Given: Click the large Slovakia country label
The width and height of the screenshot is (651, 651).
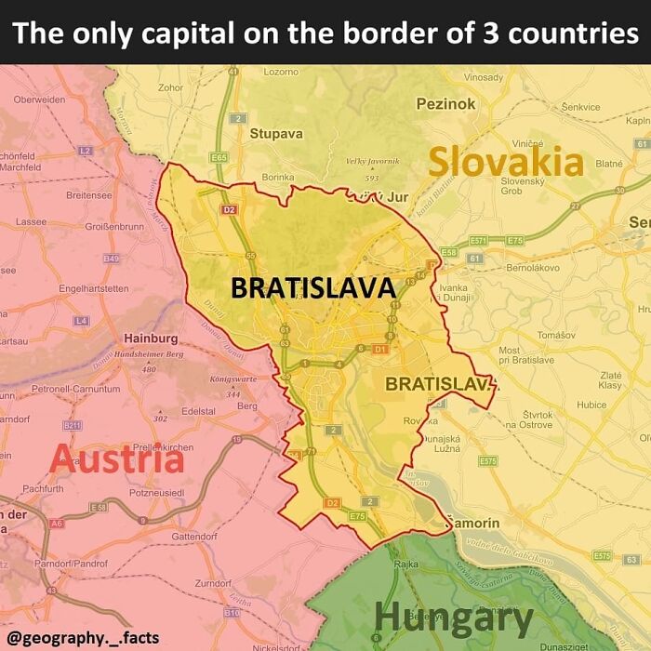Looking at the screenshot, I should pyautogui.click(x=505, y=162).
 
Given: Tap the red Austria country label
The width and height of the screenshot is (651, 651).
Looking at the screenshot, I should pyautogui.click(x=115, y=459).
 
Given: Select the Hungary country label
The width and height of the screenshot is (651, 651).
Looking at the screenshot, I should pyautogui.click(x=453, y=617).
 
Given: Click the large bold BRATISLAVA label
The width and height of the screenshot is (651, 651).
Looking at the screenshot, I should pyautogui.click(x=313, y=288).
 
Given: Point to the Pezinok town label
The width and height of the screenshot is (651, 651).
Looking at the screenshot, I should pyautogui.click(x=445, y=104).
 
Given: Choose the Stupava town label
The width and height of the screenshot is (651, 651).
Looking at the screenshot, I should pyautogui.click(x=276, y=133).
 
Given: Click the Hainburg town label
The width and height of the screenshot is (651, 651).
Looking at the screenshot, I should pyautogui.click(x=152, y=338).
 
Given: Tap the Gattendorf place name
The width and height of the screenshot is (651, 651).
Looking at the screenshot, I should pyautogui.click(x=194, y=537).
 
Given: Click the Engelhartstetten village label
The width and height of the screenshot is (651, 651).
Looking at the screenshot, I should pyautogui.click(x=93, y=289).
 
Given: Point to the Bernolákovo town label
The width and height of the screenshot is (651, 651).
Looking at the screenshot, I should pyautogui.click(x=532, y=267).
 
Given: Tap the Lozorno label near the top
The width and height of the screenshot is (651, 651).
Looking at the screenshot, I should pyautogui.click(x=281, y=72).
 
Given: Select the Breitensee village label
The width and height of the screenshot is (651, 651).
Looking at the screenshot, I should pyautogui.click(x=89, y=195).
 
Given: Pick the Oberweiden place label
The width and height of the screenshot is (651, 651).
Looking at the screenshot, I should pyautogui.click(x=39, y=100).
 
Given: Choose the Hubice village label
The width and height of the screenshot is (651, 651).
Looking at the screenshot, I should pyautogui.click(x=591, y=405).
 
